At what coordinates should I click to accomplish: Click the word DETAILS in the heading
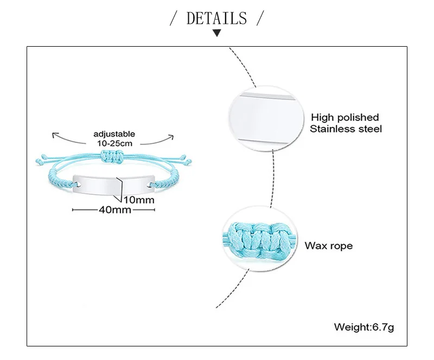tap(216, 19)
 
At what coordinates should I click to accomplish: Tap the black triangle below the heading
tap(217, 34)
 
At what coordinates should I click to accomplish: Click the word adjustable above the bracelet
tap(114, 134)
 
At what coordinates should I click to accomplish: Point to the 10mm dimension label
tap(139, 200)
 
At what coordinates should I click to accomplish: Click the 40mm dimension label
tap(114, 210)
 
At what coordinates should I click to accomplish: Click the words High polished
tap(344, 117)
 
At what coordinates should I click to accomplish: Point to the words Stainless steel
tap(346, 129)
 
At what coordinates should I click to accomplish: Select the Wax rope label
tap(328, 246)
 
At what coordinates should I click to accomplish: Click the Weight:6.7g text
tap(363, 327)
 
